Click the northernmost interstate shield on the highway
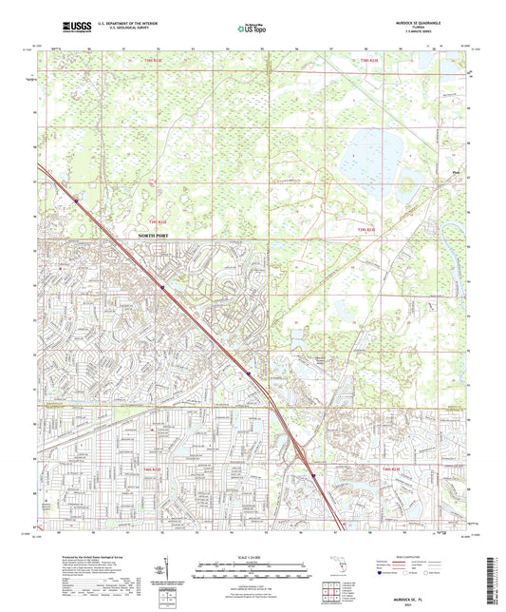coord(77,199)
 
